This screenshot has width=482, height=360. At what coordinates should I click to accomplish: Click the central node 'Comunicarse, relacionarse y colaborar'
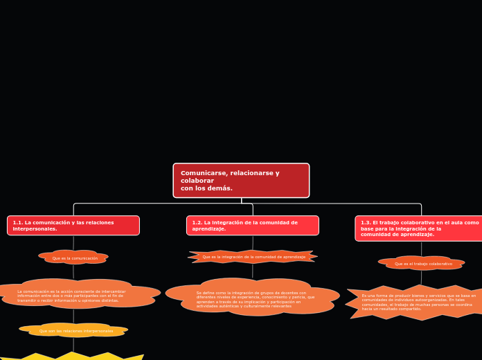[x=241, y=181]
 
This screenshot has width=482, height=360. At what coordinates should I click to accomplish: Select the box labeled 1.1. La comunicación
[x=73, y=226]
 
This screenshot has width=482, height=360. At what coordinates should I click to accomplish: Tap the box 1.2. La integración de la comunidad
[x=252, y=226]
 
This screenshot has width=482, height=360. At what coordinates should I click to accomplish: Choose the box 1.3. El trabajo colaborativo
[x=420, y=228]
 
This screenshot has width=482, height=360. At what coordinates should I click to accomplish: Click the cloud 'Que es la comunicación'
[x=74, y=258]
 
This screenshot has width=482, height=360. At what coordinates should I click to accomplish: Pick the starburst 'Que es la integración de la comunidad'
[x=253, y=257]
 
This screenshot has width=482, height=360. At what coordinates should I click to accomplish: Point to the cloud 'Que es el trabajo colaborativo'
[x=422, y=263]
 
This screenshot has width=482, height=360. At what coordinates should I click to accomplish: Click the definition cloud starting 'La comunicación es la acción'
[x=76, y=295]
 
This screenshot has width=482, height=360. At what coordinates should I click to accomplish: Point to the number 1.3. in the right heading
[x=366, y=223]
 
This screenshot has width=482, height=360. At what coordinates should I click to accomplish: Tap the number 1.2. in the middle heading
[x=198, y=223]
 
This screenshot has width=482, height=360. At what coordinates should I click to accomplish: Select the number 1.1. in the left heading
[x=19, y=223]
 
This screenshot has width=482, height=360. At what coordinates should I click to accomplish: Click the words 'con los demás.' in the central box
[x=206, y=188]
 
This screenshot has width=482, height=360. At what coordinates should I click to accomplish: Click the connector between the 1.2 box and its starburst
[x=253, y=242]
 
